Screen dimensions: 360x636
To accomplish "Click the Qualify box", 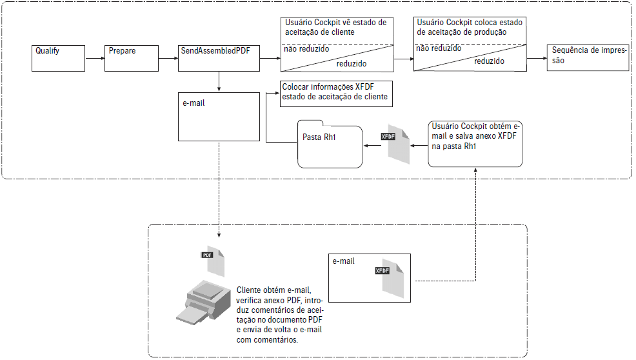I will tap(58, 58).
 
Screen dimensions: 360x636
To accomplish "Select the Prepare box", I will tap(132, 58).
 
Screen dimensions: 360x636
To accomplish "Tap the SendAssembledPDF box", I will tap(219, 58).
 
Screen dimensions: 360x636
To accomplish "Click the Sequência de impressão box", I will tap(587, 58).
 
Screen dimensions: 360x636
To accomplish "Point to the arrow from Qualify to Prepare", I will tap(95, 58).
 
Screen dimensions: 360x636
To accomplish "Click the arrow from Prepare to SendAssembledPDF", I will tap(168, 58).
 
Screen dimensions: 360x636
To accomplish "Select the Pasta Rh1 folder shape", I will tap(329, 145).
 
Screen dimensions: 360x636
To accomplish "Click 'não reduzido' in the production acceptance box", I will tap(439, 48).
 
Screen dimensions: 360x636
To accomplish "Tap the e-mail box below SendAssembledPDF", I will tap(219, 116).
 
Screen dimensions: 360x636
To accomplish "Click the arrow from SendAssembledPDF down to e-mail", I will tap(219, 81).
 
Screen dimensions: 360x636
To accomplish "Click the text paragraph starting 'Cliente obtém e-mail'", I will tap(279, 315).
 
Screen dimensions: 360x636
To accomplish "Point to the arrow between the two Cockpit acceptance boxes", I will tap(403, 58).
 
